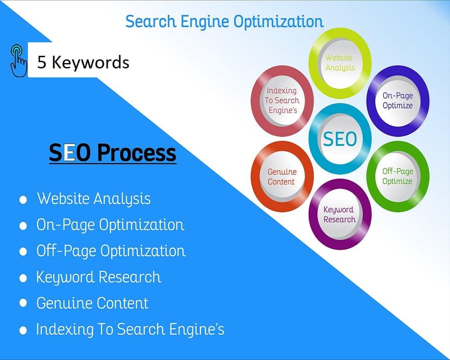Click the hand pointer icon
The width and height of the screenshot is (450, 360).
coord(18,60)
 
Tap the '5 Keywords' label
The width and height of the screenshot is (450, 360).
coord(83,62)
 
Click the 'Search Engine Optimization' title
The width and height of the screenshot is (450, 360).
coord(224,21)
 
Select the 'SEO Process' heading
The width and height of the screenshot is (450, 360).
coord(112,153)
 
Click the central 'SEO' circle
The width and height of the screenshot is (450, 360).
coord(340,139)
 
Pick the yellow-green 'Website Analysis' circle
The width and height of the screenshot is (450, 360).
coord(340,63)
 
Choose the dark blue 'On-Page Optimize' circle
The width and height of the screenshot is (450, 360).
coord(397,100)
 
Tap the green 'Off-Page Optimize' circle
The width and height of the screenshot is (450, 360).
coord(397,176)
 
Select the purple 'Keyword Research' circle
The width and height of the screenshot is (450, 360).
coord(340,215)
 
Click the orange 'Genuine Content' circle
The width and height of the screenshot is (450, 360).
coord(282,176)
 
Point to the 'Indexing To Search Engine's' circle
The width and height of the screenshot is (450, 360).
coord(282,100)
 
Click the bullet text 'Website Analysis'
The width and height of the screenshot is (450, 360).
coord(94,198)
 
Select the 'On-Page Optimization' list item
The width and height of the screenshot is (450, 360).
coord(110,225)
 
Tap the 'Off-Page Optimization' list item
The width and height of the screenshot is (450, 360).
coord(111,251)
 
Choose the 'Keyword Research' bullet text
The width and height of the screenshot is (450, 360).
coord(99,277)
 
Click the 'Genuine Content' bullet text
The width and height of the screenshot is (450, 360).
coord(92,303)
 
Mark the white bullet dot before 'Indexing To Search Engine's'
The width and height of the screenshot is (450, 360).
coord(23,330)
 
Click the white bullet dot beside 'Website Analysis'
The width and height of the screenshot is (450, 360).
coord(23,200)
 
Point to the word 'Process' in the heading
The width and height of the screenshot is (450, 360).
coord(137,153)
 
